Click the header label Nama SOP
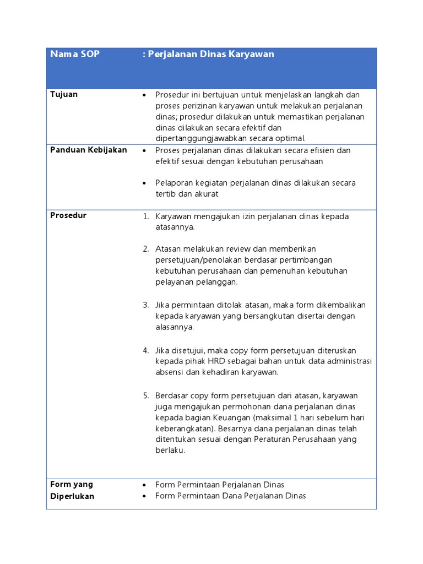[75, 55]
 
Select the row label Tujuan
[64, 94]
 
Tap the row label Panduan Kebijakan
[89, 150]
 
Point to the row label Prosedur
[68, 215]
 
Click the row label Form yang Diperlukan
[72, 490]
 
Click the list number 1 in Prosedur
[145, 216]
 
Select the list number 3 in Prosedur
[145, 305]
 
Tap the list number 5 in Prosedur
[145, 395]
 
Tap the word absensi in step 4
[170, 372]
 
